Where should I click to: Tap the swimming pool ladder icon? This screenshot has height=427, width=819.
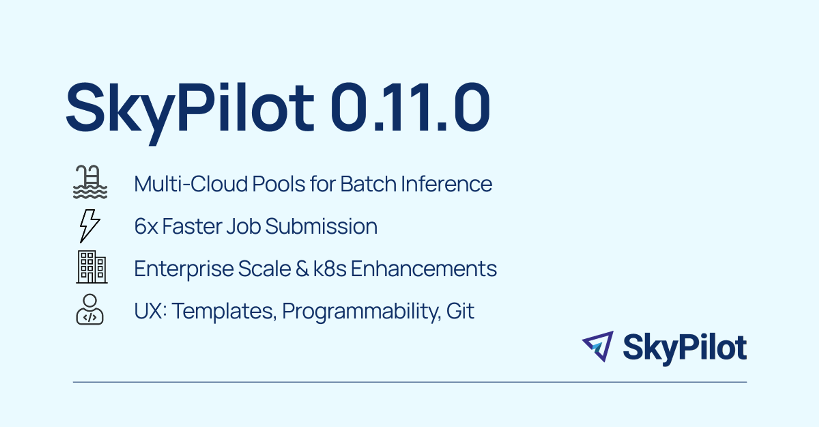pyautogui.click(x=90, y=182)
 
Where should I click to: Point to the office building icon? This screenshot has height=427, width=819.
pyautogui.click(x=91, y=267)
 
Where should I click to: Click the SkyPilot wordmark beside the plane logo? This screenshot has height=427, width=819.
pyautogui.click(x=685, y=349)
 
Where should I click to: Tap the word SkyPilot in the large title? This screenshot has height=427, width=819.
pyautogui.click(x=190, y=113)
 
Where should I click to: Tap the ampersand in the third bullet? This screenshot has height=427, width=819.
pyautogui.click(x=302, y=269)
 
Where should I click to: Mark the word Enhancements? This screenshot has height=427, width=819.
pyautogui.click(x=424, y=269)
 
